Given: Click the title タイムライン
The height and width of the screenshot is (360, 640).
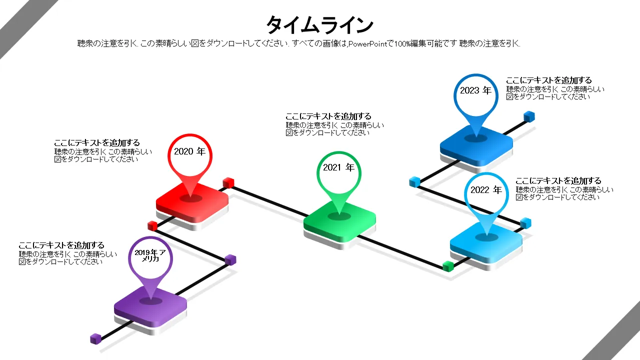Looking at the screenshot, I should point(319,24).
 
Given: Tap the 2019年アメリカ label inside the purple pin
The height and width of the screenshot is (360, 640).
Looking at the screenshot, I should point(150,255).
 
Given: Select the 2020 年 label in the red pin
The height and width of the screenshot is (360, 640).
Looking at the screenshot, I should point(189,151).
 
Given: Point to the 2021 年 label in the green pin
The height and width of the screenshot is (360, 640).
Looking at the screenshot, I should point(338,167).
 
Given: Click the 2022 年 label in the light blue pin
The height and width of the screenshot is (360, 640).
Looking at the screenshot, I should point(486,190).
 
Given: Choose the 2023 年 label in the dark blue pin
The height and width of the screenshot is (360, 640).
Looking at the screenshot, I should point(475,90).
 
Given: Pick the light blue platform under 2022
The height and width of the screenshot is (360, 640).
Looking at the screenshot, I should point(486,242).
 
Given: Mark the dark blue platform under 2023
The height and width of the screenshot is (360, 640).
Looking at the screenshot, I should point(476,143).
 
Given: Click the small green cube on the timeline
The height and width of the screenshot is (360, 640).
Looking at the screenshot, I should point(448,266).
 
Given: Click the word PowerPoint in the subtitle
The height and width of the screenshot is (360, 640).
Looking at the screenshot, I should point(367,44).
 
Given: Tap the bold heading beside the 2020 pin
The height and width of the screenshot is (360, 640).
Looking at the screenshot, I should point(97,143).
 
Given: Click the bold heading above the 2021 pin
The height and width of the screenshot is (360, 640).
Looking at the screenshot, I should point(328,116).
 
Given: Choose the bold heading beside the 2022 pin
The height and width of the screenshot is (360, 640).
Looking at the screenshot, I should point(558,181).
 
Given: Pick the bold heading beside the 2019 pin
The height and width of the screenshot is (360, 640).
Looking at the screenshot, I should point(61,245).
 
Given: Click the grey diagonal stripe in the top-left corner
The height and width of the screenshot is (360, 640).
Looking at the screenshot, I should point(20,25).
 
